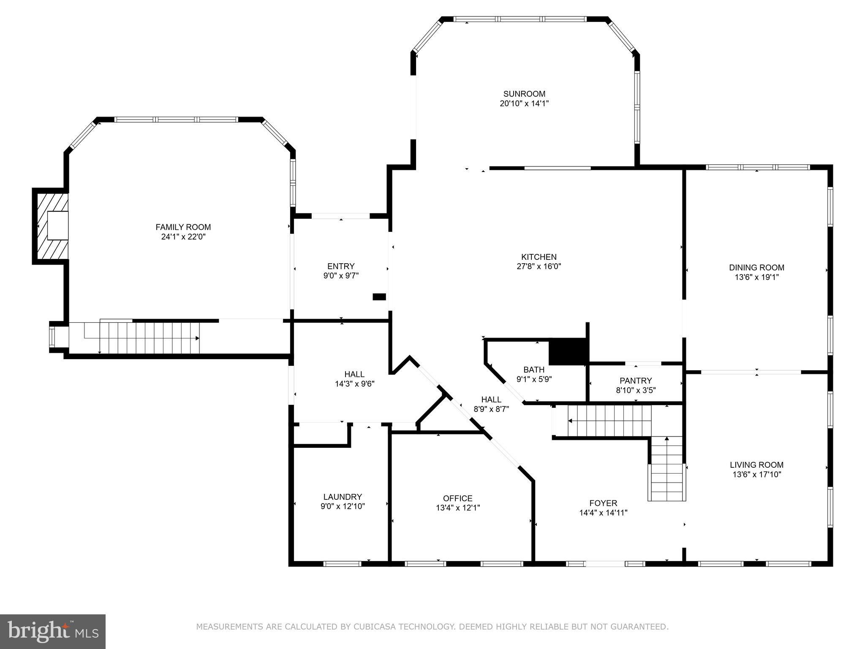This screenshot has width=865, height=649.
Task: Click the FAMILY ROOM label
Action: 183,227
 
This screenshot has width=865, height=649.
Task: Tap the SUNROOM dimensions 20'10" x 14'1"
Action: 524,103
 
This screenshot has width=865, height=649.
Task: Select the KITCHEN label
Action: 539,257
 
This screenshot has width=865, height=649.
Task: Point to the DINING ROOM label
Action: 756,267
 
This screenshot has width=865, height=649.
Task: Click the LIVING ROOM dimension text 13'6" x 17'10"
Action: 757,474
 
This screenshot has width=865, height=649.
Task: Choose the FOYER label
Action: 603,503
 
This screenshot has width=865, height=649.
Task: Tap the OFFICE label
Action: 458,498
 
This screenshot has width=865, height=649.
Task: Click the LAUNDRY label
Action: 343,497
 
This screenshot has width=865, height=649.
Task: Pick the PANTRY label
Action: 636,381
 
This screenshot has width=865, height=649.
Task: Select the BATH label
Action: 534,370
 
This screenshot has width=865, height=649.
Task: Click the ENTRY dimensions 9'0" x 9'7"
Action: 341,275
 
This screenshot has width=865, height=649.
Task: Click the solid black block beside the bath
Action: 568,352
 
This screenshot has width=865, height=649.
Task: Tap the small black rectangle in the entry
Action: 379,297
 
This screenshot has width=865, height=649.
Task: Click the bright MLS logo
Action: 53,632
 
